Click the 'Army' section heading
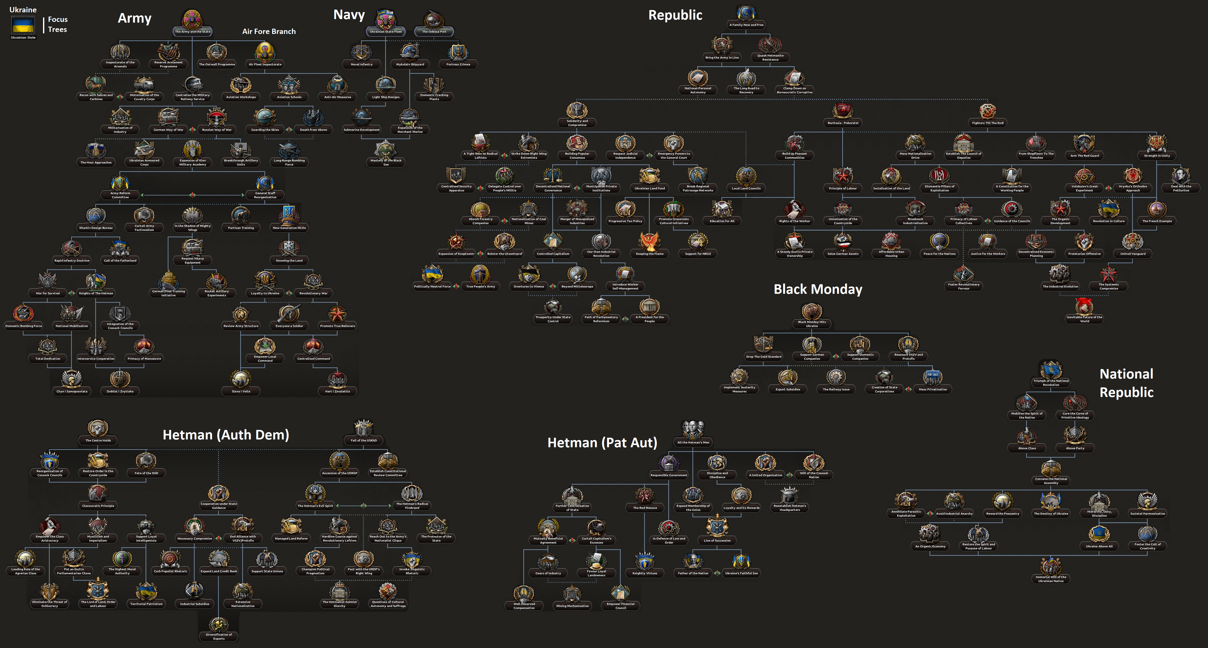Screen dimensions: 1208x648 coord(135,18)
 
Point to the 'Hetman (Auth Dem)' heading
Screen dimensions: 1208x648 coord(225,435)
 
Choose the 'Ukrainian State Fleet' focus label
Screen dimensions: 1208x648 coord(386,31)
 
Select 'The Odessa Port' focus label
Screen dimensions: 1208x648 coord(434,31)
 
